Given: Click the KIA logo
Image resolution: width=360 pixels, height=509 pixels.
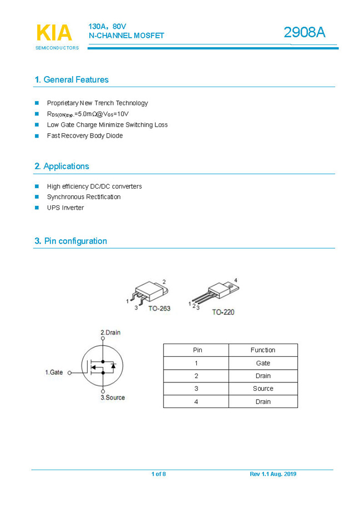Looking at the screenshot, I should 54,33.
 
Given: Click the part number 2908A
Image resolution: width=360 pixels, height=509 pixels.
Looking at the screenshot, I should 304,32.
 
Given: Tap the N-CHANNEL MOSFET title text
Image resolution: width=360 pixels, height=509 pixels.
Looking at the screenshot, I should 126,36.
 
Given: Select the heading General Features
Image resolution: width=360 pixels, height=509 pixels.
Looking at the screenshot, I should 72,79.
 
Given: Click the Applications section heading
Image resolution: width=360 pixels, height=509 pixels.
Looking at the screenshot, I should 62,166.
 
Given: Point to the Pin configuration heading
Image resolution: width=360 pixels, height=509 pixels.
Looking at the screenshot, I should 70,241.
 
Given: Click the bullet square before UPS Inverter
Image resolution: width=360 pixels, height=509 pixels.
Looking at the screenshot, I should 37,208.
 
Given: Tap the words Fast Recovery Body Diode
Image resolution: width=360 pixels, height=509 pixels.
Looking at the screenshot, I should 85,135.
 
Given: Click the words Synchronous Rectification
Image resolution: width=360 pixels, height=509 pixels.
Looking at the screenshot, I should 84,197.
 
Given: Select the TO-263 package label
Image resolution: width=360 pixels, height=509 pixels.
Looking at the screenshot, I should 159,308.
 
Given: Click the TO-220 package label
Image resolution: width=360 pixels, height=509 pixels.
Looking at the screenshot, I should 223,312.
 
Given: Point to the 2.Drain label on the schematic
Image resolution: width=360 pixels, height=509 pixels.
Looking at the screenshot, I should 110,332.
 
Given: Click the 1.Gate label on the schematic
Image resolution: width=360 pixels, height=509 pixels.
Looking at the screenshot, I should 54,372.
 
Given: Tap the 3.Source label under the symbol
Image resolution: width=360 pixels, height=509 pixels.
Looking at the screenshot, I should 113,397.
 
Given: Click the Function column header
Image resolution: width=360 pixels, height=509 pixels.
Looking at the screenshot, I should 263,350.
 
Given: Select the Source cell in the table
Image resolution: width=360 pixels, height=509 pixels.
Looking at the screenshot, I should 263,389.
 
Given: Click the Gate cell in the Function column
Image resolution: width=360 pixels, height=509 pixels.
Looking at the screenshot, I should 263,363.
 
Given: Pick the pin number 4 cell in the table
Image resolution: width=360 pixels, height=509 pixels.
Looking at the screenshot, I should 196,401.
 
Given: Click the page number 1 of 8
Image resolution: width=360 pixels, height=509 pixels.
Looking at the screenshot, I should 159,474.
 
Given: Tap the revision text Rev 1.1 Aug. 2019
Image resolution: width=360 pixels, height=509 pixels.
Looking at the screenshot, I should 273,474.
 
